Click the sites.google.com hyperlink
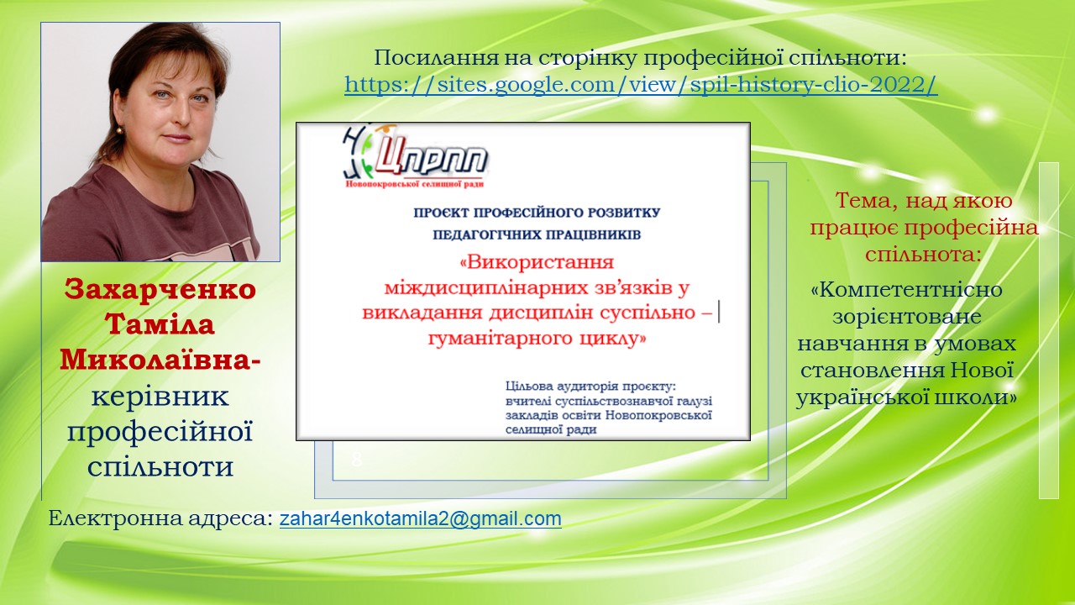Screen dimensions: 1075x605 coord(641,85)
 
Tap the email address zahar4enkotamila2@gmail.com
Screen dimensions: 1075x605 coord(421,518)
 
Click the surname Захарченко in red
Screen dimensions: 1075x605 coord(160,289)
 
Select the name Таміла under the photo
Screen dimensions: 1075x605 coord(160,324)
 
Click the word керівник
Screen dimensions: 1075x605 coord(160,397)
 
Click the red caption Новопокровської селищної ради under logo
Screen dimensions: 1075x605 coord(415,184)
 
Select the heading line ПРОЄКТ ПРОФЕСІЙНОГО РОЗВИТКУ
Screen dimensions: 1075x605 coord(537,213)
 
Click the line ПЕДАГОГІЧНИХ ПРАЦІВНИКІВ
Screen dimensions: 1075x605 coord(537,234)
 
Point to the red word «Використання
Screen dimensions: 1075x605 coord(537,262)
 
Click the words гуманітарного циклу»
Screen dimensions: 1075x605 coord(537,338)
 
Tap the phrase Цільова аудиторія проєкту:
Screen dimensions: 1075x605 coord(590,386)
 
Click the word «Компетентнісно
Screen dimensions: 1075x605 coord(906,290)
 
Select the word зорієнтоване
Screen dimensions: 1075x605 coord(906,317)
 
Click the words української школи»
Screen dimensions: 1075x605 coord(906,397)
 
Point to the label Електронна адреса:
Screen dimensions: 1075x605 coord(160,518)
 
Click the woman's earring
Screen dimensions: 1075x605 coord(119,129)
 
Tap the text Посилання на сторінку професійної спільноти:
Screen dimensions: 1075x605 coord(640,58)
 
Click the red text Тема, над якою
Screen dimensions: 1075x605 coord(924,201)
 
